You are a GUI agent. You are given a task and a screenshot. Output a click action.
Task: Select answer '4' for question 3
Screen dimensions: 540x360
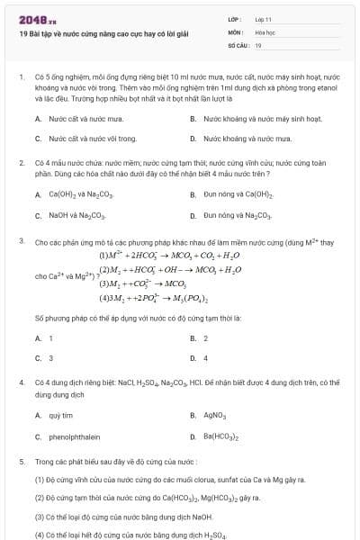point(206,358)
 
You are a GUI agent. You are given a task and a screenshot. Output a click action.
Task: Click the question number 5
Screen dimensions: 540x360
point(21,461)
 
